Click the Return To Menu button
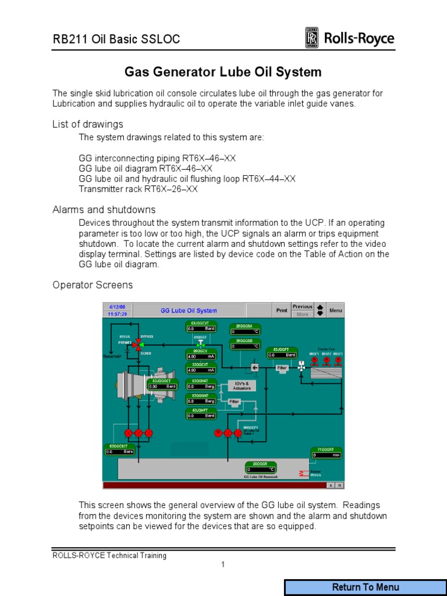(x=366, y=587)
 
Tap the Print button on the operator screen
(x=282, y=310)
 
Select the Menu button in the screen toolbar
(x=336, y=310)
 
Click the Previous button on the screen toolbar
(x=302, y=307)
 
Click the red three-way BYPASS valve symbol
(x=138, y=345)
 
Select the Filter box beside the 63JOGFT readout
(x=282, y=368)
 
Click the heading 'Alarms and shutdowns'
(x=104, y=210)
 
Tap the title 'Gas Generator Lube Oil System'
(x=223, y=72)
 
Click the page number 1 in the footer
(x=222, y=565)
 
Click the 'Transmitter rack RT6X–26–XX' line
(x=139, y=189)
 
